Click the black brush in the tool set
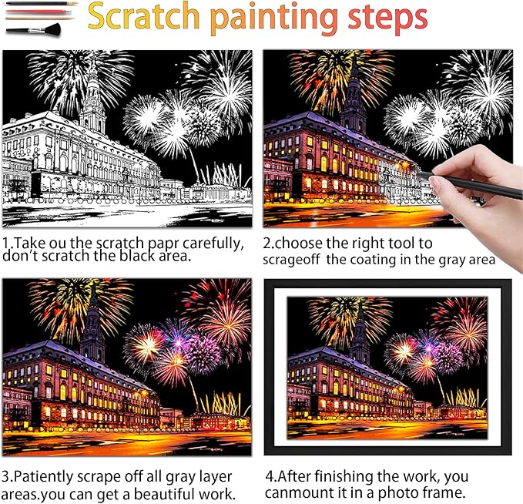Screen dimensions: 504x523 [x=31, y=29]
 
